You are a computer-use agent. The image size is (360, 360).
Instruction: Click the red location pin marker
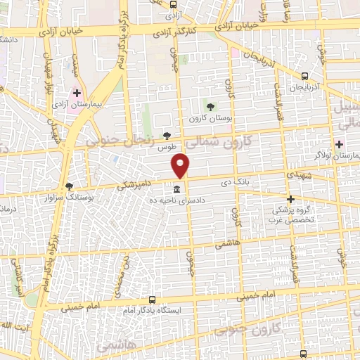click(x=181, y=165)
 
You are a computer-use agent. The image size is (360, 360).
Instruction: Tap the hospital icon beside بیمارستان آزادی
click(x=77, y=93)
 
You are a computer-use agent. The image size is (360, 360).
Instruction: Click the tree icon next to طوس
click(x=167, y=136)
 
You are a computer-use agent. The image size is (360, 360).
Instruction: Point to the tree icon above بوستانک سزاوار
click(x=69, y=186)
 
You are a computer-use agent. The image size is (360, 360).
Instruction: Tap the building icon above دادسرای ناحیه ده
click(x=176, y=190)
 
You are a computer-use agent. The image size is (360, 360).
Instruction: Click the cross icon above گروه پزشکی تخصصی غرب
click(x=290, y=199)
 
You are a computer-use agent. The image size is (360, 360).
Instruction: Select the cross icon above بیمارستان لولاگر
click(x=339, y=143)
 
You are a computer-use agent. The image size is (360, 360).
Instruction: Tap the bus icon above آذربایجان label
click(x=304, y=77)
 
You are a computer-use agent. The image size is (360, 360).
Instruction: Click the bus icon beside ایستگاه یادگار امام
click(x=149, y=298)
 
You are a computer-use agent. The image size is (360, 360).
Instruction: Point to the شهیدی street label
click(x=300, y=175)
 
